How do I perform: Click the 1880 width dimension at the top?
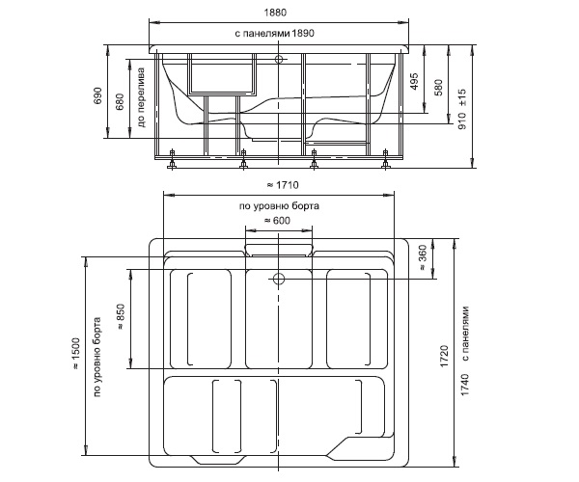[275, 13]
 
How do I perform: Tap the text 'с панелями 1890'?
[274, 33]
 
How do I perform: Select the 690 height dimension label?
[97, 95]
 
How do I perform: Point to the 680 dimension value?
[120, 102]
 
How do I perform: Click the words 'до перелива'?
[142, 97]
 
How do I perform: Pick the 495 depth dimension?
[414, 82]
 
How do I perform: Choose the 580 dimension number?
[438, 88]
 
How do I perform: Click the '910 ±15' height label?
[462, 109]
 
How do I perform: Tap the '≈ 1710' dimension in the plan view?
[283, 184]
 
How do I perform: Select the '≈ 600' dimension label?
[277, 220]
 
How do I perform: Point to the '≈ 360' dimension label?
[423, 258]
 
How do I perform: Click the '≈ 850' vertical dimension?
[122, 317]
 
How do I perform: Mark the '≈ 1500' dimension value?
[75, 353]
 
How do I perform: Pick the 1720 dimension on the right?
[444, 356]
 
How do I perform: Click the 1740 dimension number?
[465, 385]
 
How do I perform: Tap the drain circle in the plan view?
[279, 279]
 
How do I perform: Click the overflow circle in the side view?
[279, 59]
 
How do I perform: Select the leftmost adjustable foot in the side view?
[172, 159]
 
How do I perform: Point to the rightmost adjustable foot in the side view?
[385, 159]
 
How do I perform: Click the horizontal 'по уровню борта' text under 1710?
[279, 205]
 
